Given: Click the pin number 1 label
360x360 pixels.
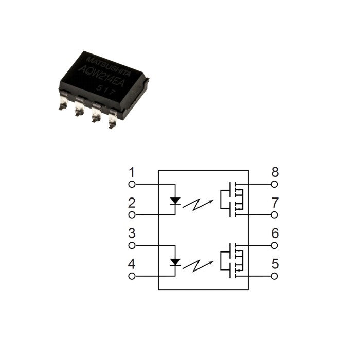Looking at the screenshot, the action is coord(132,172).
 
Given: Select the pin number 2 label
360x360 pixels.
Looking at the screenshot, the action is coord(132,203).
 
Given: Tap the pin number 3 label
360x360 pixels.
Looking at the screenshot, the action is coord(132,233).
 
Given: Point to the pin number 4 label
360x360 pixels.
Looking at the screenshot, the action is coord(132,264).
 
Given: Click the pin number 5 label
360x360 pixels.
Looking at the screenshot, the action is coord(275,264).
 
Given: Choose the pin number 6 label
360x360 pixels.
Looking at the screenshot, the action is coord(275,233).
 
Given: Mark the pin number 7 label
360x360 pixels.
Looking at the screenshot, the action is coord(275,203).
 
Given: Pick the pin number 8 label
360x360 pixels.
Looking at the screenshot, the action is coord(275,172).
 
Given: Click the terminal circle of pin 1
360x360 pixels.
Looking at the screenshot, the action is coord(132,184).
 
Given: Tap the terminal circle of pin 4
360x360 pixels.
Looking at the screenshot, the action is coord(132,276).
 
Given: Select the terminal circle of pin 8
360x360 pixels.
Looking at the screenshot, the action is coord(274,184).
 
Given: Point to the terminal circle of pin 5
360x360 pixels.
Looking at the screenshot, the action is coord(274,276).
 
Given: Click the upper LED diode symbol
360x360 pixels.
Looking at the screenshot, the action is coord(175,201).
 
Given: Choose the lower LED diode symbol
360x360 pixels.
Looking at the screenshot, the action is coord(175,262).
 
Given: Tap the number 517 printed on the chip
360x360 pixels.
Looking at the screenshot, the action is coord(105,90).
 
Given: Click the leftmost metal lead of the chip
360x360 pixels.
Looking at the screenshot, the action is coord(63,100).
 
